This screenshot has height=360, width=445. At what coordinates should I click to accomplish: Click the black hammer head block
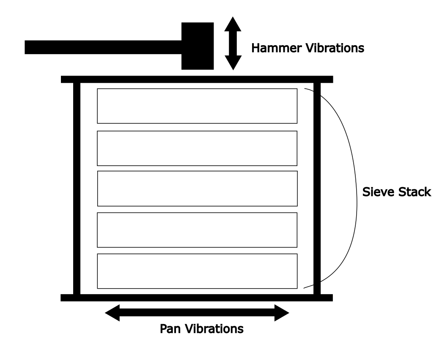pos(197,46)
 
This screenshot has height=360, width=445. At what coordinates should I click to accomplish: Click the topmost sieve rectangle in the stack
pos(197,106)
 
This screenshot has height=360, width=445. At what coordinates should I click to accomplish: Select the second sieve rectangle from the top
pos(197,148)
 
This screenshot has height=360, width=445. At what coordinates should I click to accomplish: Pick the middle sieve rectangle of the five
pos(197,188)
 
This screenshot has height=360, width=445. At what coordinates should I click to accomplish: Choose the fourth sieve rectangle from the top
pos(197,229)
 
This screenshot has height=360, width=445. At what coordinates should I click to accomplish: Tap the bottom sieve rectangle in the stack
pos(197,270)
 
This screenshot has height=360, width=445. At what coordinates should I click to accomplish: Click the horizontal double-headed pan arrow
pos(197,313)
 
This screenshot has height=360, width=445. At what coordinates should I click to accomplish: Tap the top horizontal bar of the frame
pos(197,79)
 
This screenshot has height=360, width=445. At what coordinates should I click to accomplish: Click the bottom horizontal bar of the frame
pos(197,297)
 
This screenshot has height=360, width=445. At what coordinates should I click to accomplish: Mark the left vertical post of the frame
pos(77,188)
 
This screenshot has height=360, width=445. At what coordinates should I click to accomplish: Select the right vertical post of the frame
pos(317,188)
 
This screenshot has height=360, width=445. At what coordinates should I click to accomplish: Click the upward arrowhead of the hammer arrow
pos(232,25)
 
